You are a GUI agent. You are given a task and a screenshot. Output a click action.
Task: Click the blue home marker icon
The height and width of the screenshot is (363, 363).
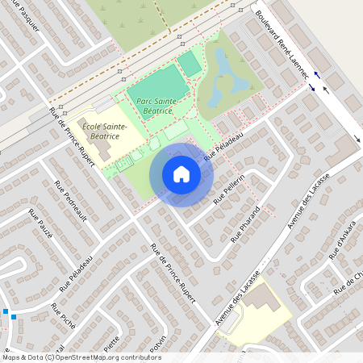181,174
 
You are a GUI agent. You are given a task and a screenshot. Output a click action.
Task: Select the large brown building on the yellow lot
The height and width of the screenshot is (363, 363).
258,298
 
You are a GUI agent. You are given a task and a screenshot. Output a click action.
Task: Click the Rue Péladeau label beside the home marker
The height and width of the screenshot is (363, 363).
223,147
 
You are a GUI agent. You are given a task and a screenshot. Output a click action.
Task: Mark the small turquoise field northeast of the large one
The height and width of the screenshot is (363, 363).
189,64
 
